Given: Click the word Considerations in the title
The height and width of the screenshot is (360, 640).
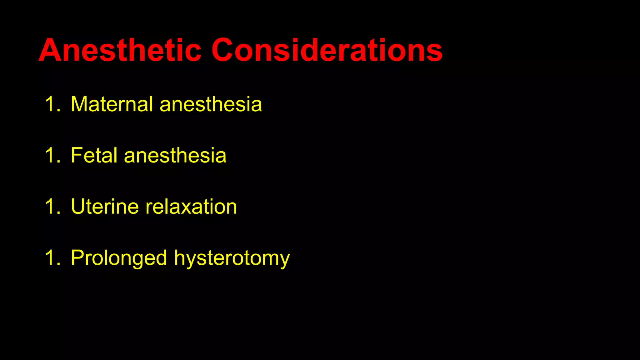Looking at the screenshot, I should tap(327, 50).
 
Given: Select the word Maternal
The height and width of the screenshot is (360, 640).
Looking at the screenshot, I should tap(112, 104).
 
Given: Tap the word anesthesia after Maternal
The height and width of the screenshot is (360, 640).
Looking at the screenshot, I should tap(211, 104).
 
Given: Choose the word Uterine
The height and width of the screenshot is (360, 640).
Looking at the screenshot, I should tap(105, 207).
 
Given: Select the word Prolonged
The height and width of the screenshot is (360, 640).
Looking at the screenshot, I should tap(119, 258).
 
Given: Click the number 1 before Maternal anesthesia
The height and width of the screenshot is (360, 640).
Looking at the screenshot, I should tap(50, 104).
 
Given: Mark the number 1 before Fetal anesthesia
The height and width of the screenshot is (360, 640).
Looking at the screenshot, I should tap(50, 155).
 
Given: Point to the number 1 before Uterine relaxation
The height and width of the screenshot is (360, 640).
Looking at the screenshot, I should tap(50, 207).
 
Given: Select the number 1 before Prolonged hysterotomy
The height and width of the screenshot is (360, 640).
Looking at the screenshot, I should tap(50, 258).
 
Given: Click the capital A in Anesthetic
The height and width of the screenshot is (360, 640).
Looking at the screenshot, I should tap(51, 50).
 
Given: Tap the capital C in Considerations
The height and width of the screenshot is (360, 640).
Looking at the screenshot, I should tap(224, 50).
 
